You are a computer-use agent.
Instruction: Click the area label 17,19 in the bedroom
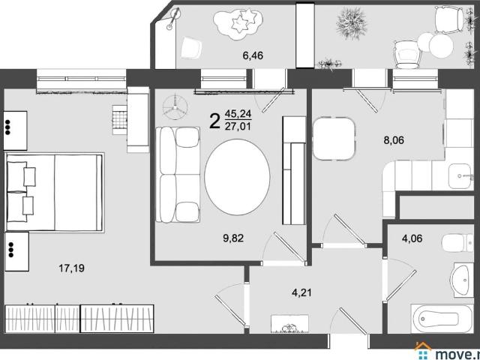click(x=71, y=268)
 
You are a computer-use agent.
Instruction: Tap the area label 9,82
click(x=233, y=238)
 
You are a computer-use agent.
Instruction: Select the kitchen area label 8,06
click(x=394, y=140)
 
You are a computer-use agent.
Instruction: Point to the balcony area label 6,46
click(x=253, y=55)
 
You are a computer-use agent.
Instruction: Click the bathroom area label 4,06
click(x=412, y=238)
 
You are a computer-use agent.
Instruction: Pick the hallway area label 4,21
click(x=301, y=292)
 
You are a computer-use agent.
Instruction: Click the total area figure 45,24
click(x=238, y=114)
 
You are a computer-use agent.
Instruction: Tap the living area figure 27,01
click(x=238, y=126)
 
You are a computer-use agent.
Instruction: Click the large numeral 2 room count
click(x=215, y=121)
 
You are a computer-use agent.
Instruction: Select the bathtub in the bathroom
click(x=442, y=319)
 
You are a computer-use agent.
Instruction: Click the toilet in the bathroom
click(x=457, y=243)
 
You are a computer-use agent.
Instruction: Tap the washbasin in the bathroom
click(x=462, y=280)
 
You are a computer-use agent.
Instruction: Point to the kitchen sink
click(x=459, y=176)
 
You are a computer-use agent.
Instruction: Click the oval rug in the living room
click(x=237, y=177)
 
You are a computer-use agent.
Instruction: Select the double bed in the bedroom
click(x=55, y=192)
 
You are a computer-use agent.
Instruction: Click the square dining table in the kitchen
click(x=334, y=139)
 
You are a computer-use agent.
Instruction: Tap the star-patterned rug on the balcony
click(x=238, y=24)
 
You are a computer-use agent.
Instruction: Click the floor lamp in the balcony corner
click(x=173, y=19)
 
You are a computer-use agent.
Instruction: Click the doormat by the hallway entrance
click(x=289, y=324)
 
